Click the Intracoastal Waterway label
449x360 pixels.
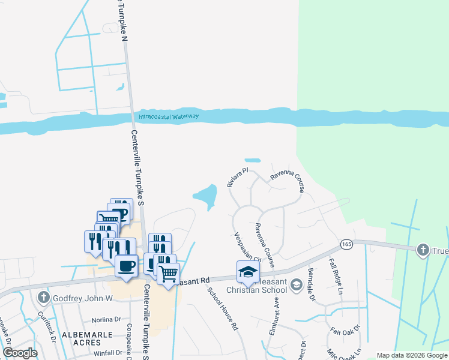pos(169,116)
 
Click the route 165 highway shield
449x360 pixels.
pos(346,244)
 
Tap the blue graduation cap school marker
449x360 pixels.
pos(249,272)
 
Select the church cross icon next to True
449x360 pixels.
pos(424,249)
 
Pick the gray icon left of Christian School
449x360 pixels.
pos(296,283)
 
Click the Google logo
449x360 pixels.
pos(20,353)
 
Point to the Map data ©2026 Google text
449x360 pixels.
pos(412,355)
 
